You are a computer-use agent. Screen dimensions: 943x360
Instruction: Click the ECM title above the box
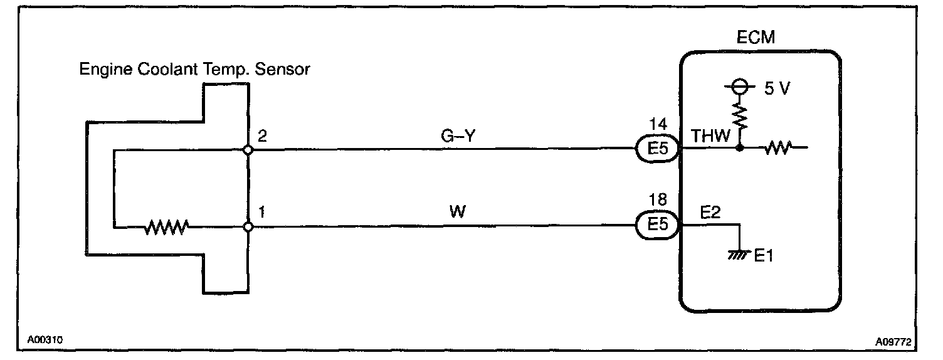tap(756, 38)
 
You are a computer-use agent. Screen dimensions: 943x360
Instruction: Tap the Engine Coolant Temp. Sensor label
tap(194, 69)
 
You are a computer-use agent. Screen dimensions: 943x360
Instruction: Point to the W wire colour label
tap(458, 211)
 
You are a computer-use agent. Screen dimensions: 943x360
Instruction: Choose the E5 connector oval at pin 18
tap(658, 225)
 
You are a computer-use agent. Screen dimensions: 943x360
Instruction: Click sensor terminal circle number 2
tap(248, 151)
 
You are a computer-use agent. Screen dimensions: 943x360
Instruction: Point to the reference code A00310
tap(45, 341)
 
